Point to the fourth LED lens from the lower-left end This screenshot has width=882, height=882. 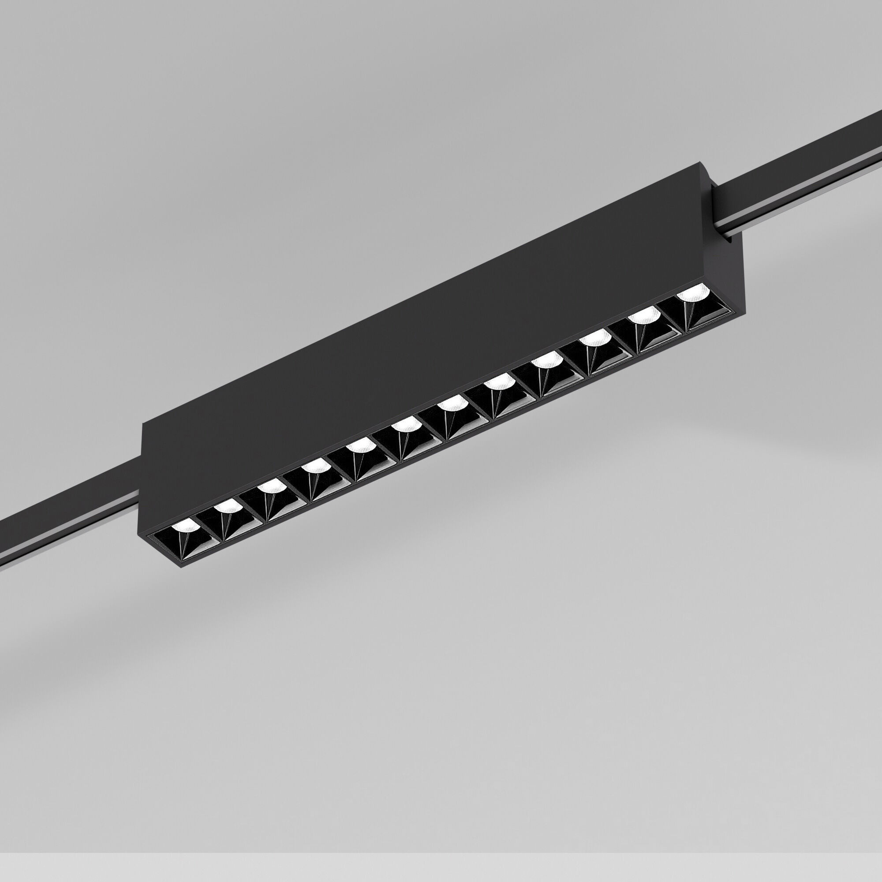[x=314, y=466]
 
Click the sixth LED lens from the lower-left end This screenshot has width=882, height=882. [x=405, y=425]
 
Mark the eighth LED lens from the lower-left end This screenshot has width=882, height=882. [x=497, y=381]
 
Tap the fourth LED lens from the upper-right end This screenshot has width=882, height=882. [x=546, y=361]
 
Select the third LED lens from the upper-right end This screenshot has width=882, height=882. [x=596, y=338]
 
